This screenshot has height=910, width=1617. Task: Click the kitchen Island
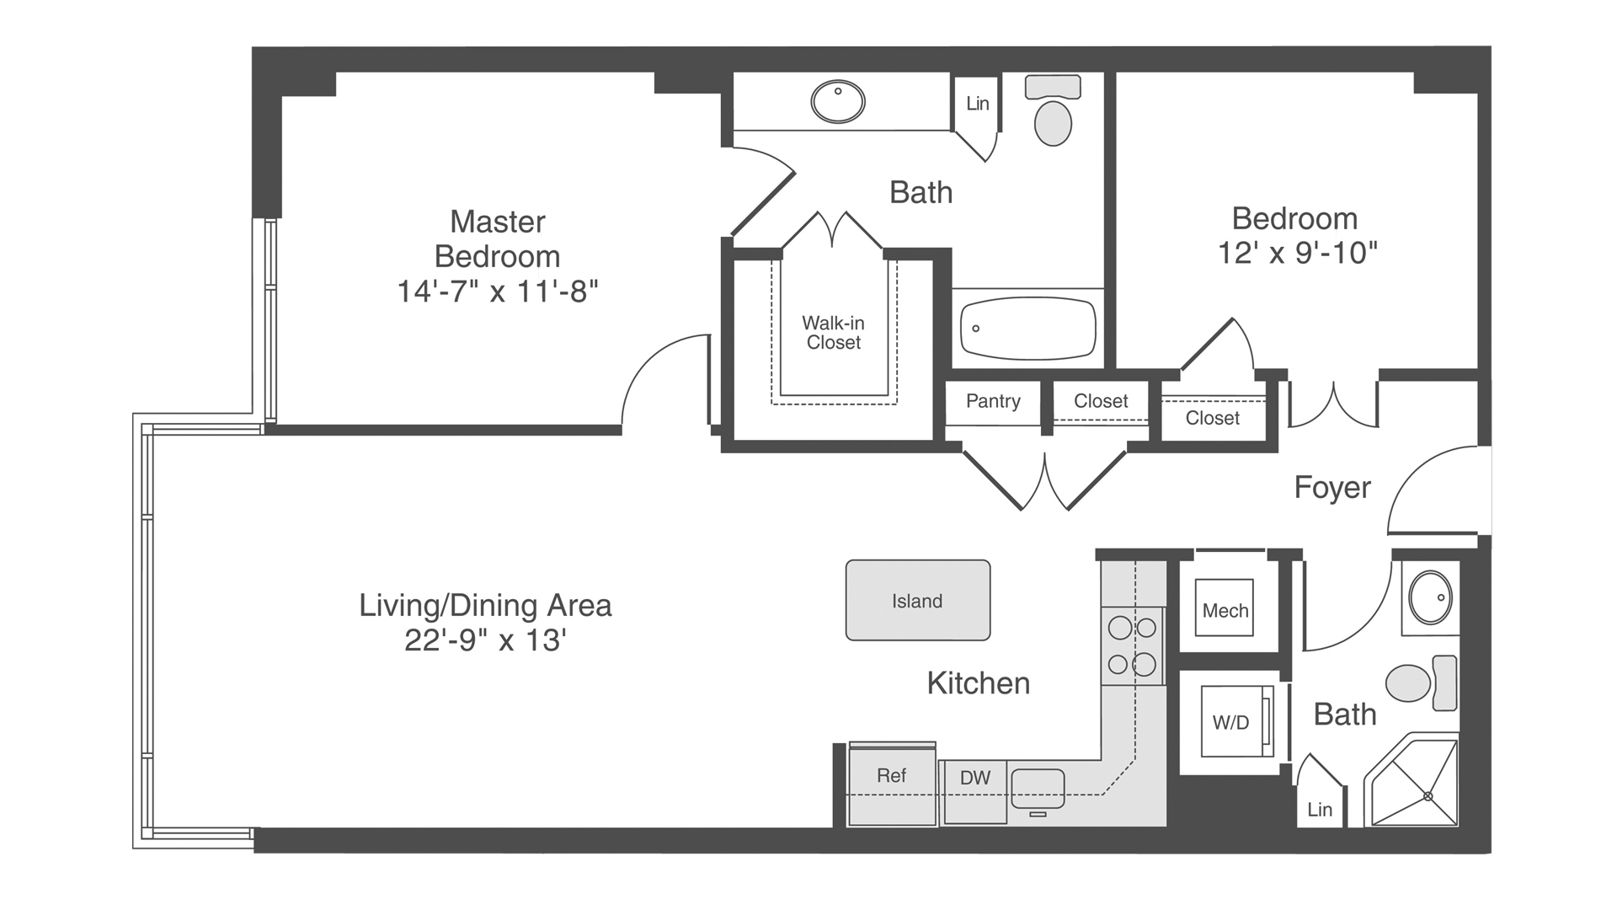[x=918, y=600]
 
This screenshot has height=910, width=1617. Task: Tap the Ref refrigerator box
[x=892, y=784]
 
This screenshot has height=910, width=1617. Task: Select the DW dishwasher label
[x=975, y=778]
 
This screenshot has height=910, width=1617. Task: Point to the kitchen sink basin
[x=1038, y=789]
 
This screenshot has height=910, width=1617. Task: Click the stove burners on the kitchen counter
[x=1133, y=645]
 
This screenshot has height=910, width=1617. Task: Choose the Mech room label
[x=1225, y=611]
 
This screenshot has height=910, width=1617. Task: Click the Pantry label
[x=993, y=401]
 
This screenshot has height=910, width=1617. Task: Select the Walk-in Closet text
[x=833, y=333]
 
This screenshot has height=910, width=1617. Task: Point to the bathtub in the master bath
[x=1028, y=329]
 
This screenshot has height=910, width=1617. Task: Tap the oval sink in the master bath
[x=838, y=102]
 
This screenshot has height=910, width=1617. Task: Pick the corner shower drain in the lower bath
[x=1428, y=796]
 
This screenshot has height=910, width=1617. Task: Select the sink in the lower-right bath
[x=1430, y=597]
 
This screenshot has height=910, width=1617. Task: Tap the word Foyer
[x=1332, y=487]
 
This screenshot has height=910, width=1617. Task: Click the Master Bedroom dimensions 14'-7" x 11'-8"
[x=498, y=292]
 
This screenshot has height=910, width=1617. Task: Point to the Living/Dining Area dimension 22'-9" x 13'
[x=485, y=640]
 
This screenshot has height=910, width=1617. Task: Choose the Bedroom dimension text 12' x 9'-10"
[x=1297, y=253]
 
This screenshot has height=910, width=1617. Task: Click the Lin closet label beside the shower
[x=1320, y=810]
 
